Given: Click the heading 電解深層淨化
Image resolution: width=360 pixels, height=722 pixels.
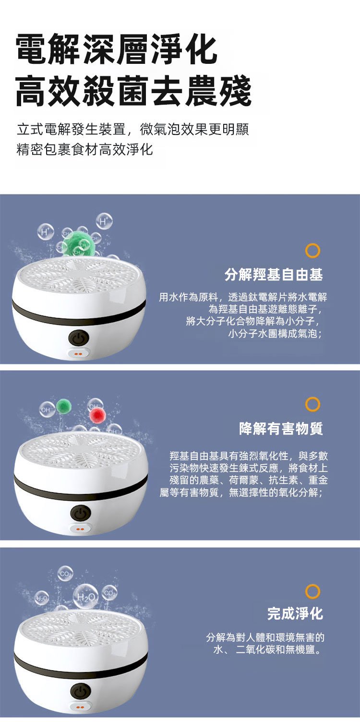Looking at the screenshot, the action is [x=116, y=49].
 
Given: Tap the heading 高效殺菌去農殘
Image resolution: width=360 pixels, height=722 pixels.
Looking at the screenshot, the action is [x=133, y=91].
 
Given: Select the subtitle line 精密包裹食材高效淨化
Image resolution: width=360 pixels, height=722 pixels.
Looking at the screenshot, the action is [x=84, y=150].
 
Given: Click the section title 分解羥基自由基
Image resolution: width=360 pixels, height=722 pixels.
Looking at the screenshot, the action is [x=274, y=275].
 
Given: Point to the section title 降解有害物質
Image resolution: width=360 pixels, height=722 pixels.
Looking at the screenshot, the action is [x=281, y=429].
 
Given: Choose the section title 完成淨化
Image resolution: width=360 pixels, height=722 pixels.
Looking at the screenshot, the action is [x=295, y=613].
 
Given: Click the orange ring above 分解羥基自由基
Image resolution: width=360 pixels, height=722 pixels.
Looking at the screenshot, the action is [x=312, y=251].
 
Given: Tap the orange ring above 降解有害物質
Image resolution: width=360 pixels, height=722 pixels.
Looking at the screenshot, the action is [x=312, y=404].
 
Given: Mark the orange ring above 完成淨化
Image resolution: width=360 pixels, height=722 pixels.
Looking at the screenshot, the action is [x=312, y=591].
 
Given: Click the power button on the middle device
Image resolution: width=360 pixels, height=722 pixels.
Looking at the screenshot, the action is [x=81, y=513].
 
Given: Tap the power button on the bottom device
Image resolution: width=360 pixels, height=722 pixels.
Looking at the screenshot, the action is [x=81, y=691].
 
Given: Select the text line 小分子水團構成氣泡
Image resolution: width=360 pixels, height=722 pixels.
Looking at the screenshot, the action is [x=275, y=333].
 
